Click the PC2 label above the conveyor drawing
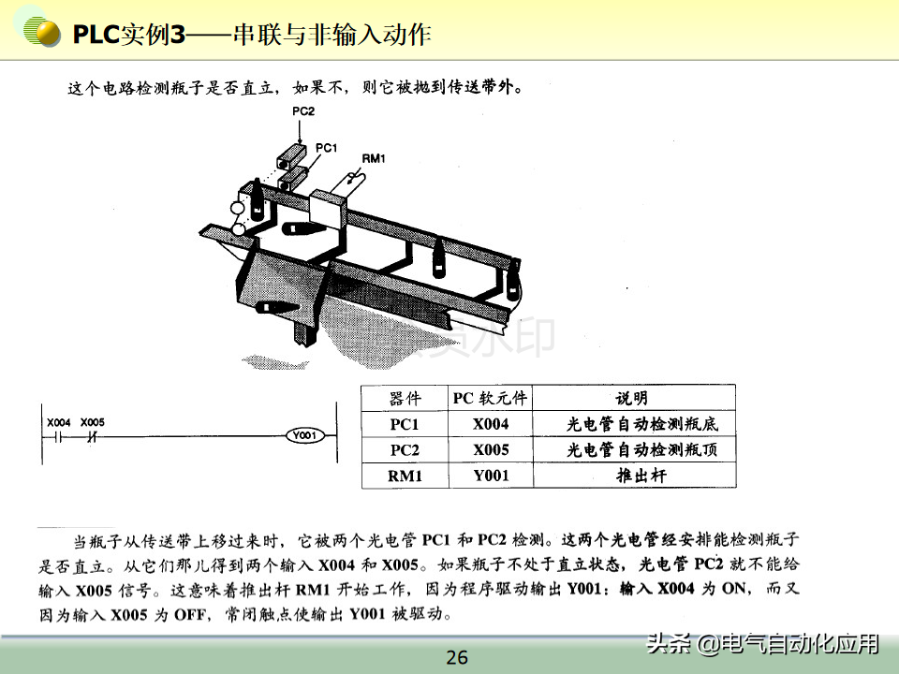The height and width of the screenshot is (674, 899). (x=303, y=111)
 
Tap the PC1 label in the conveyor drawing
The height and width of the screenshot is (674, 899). (x=326, y=148)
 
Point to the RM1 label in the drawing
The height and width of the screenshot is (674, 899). (x=374, y=158)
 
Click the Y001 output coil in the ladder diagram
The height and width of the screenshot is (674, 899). (x=305, y=435)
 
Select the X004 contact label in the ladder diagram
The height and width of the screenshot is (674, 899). (x=58, y=422)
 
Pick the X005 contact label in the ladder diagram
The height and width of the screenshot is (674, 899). (x=93, y=422)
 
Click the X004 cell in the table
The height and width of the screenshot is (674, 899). (x=491, y=424)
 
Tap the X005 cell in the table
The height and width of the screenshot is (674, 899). (x=491, y=450)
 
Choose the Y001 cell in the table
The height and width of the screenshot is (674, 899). (x=491, y=476)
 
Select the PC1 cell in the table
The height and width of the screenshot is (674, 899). (x=405, y=424)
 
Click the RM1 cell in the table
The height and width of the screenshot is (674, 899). (x=405, y=476)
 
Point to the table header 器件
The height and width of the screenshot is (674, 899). (x=405, y=399)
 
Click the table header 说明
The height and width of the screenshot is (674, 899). (x=632, y=399)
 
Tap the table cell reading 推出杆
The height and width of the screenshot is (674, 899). (x=641, y=476)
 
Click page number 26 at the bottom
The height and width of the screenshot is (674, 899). (x=457, y=657)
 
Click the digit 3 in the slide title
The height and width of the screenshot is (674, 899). (x=178, y=35)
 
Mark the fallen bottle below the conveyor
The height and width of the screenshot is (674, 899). (x=276, y=308)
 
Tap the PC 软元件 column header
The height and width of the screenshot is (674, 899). (x=490, y=399)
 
